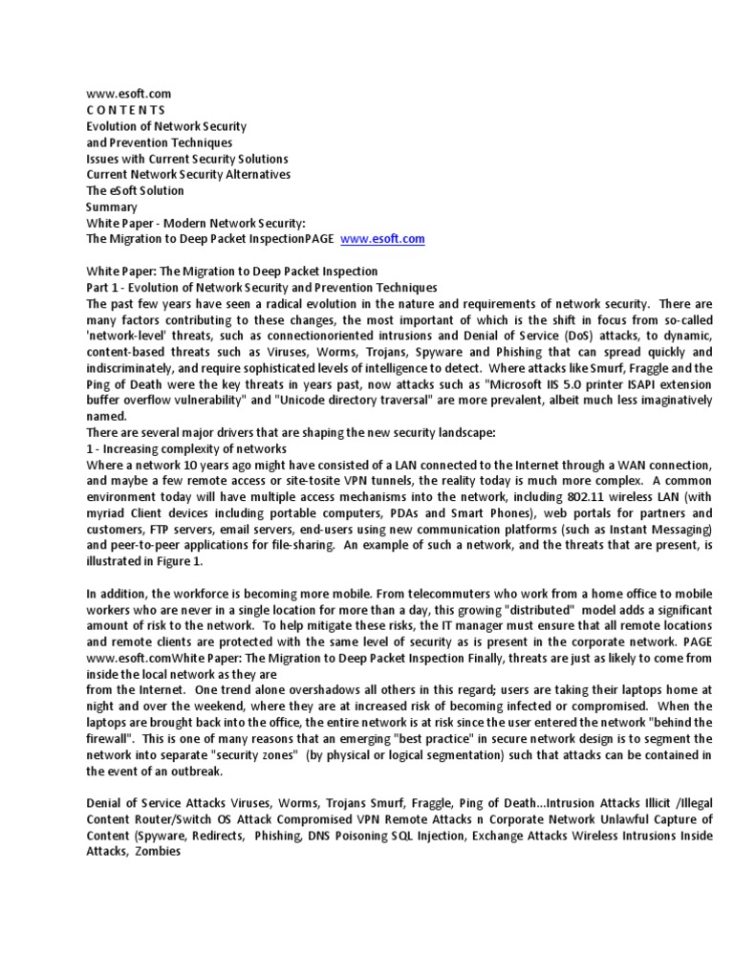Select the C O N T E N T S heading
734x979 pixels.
[125, 110]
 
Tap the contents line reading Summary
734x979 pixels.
[112, 207]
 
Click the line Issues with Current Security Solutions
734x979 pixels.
[186, 158]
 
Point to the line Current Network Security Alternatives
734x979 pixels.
[188, 174]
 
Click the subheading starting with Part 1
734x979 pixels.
[261, 288]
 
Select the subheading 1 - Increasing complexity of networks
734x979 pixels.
[186, 448]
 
